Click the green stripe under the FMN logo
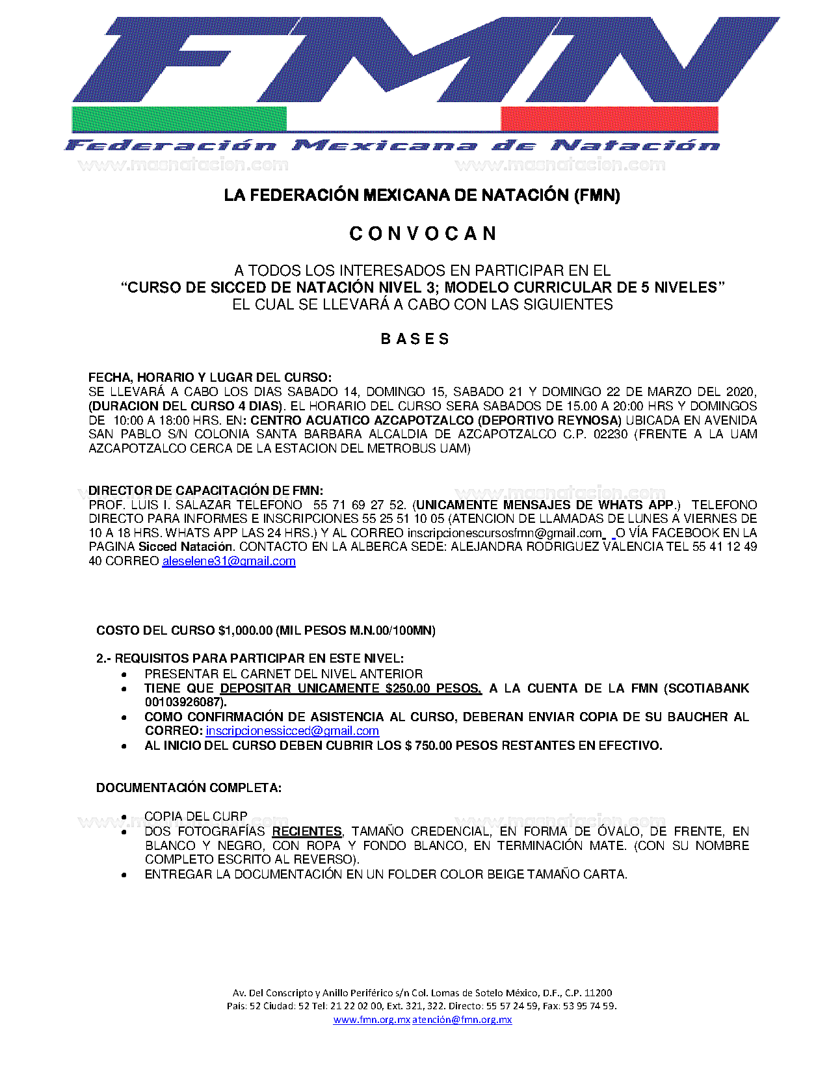click(179, 119)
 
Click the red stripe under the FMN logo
click(609, 119)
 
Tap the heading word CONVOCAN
click(423, 233)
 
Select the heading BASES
click(415, 339)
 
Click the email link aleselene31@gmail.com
click(229, 561)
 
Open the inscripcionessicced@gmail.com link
click(292, 731)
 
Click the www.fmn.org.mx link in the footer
click(371, 1020)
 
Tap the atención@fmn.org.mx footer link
click(462, 1020)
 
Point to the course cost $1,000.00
click(246, 630)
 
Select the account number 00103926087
click(184, 702)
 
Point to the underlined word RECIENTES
click(307, 831)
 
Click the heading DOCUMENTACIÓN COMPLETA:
click(189, 788)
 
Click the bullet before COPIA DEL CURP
click(124, 816)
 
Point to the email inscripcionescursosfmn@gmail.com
click(505, 533)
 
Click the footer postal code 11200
click(598, 992)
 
